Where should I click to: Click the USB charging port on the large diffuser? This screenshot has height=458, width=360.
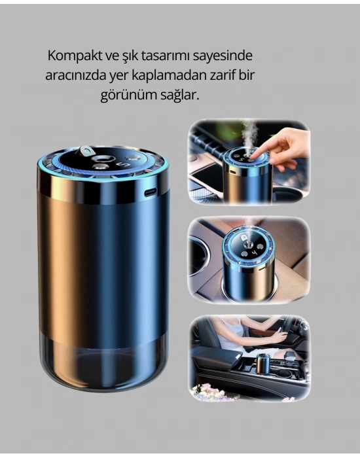pyautogui.click(x=150, y=193)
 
